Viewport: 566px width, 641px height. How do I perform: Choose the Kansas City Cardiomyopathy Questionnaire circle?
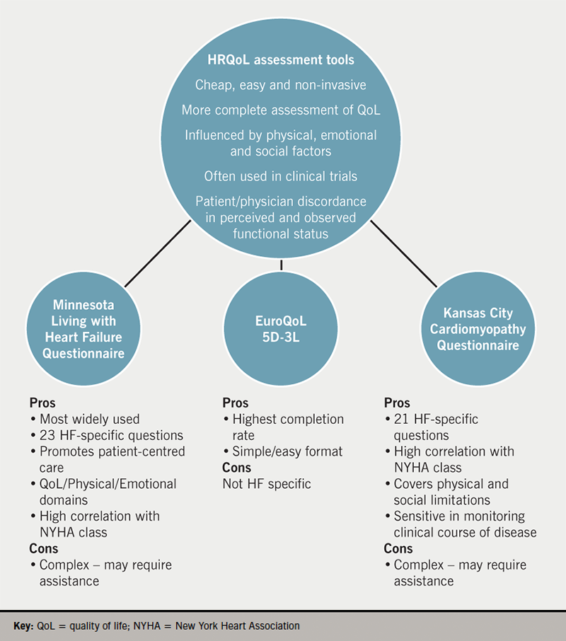tap(478, 329)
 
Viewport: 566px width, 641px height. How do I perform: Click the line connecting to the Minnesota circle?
tap(158, 252)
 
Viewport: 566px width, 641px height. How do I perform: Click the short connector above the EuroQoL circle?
tap(282, 265)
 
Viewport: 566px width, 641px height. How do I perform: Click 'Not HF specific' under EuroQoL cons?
tap(266, 484)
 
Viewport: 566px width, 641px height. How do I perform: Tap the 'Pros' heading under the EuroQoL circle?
tap(235, 403)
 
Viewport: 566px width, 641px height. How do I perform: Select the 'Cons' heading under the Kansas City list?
tap(398, 549)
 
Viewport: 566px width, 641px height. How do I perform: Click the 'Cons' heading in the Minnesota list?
tap(43, 548)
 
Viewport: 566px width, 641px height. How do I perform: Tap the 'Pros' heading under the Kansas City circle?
tap(397, 403)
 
